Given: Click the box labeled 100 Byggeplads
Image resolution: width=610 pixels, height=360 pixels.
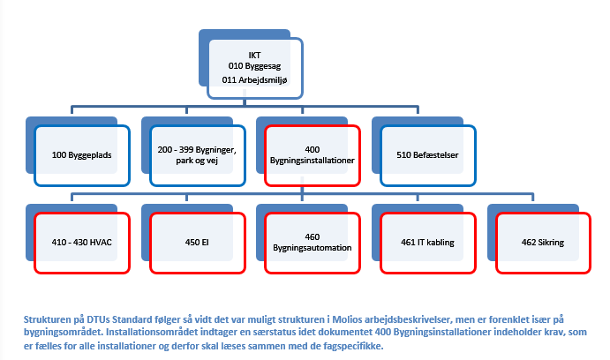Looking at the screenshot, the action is click(82, 155).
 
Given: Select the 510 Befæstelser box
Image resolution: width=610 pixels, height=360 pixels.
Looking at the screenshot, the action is click(428, 155).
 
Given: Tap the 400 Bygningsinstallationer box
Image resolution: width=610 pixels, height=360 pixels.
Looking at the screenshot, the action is click(313, 155).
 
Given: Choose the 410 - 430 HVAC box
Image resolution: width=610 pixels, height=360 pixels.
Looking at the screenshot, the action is click(82, 243).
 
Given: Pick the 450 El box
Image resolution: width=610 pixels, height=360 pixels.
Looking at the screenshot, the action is click(198, 243).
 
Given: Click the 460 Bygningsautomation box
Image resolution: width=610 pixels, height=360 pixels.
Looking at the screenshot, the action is click(313, 243).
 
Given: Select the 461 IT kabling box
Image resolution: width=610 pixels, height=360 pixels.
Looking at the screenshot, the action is click(428, 243).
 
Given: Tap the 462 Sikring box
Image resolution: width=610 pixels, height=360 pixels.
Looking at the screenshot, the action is click(544, 243).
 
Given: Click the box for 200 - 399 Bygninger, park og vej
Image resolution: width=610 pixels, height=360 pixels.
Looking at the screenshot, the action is click(198, 155).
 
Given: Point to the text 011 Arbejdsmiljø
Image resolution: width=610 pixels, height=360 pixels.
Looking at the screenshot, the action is click(254, 80).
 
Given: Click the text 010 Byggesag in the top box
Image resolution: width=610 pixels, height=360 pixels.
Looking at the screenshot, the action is click(254, 66).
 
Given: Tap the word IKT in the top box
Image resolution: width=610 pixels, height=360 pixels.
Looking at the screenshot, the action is click(254, 56).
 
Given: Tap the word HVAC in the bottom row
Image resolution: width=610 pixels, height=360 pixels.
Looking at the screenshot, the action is click(101, 242).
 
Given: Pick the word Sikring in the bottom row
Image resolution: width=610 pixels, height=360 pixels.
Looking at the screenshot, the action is click(551, 243).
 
